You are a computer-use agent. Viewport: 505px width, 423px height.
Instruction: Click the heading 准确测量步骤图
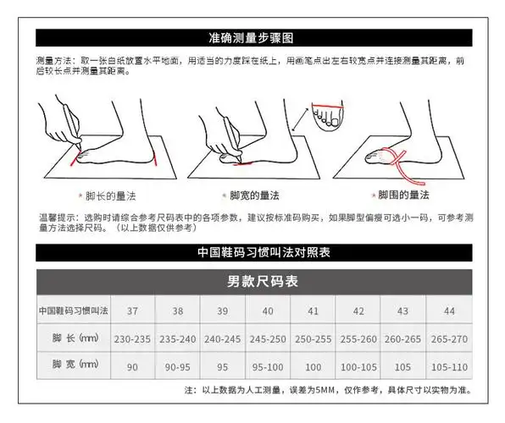[252, 38]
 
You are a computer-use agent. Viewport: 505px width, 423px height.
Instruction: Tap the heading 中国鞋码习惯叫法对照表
[252, 251]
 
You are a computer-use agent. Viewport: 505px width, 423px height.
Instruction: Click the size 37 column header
[130, 310]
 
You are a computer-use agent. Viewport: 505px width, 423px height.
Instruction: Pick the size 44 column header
[448, 310]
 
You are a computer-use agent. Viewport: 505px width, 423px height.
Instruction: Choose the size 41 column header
[312, 310]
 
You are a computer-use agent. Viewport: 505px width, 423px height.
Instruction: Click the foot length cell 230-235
[130, 338]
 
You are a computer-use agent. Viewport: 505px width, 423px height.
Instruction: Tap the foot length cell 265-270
[448, 338]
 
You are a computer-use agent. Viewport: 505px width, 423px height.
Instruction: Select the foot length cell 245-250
[267, 338]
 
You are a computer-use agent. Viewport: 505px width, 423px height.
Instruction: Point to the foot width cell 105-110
[448, 366]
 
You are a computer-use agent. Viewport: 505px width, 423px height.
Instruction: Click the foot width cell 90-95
[176, 366]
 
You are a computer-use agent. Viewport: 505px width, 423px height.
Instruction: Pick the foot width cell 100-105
[358, 366]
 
